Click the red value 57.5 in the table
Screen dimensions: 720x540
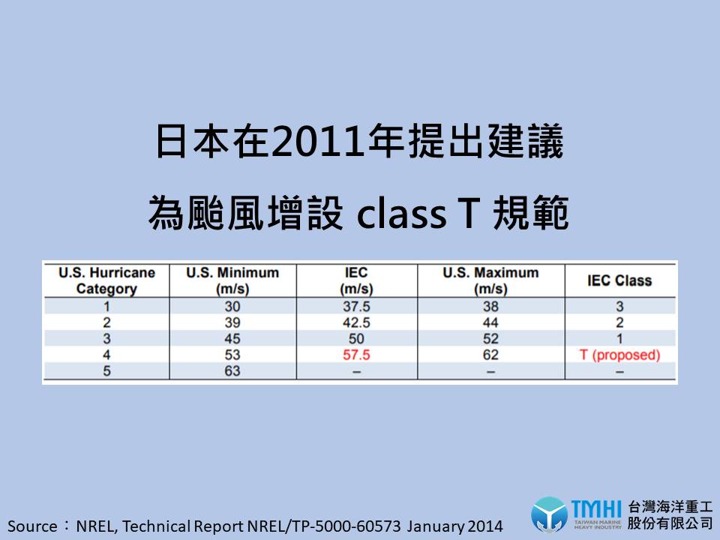tap(356, 355)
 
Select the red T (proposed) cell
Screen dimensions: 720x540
tap(619, 355)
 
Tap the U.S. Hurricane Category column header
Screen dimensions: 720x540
tap(106, 280)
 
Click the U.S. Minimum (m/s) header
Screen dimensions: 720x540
tap(232, 280)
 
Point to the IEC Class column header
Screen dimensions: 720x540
tap(619, 280)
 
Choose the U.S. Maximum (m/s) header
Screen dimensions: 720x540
tap(490, 280)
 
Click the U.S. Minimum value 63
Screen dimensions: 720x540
tap(232, 371)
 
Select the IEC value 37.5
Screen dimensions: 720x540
tap(356, 306)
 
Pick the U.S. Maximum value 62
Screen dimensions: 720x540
tap(490, 355)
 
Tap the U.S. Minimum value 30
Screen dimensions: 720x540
tap(232, 306)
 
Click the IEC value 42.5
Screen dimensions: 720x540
tap(356, 322)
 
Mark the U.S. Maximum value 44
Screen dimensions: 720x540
tap(490, 322)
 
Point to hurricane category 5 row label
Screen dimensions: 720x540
tap(106, 371)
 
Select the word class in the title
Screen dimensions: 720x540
tap(401, 214)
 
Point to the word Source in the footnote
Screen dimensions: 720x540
tap(32, 526)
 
